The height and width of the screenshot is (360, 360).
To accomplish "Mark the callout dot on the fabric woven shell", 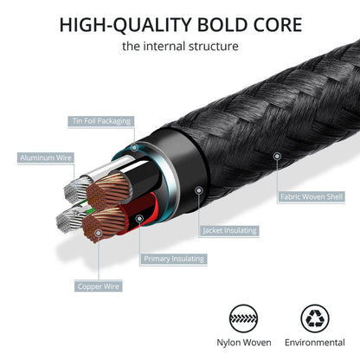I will click(x=277, y=155).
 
